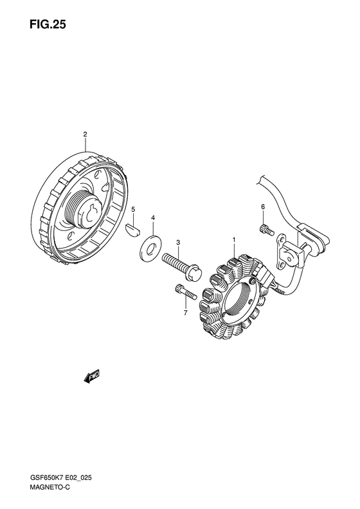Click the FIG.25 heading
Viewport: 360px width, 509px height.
click(x=48, y=24)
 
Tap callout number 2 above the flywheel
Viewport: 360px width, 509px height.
click(x=85, y=134)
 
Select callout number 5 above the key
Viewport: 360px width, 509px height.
click(x=133, y=210)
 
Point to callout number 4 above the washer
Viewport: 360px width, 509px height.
click(x=153, y=217)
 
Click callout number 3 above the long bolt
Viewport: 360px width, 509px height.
click(x=177, y=242)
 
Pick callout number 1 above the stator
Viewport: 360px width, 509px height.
click(x=233, y=239)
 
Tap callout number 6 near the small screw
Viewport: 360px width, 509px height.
click(x=263, y=207)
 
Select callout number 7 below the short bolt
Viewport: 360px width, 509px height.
click(x=186, y=313)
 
